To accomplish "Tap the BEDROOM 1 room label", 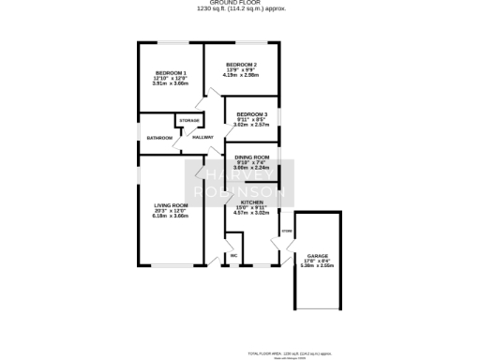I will click(x=171, y=73).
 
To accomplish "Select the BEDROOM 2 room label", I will click(x=241, y=64).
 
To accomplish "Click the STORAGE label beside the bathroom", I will click(x=189, y=120).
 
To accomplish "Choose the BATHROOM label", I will click(x=158, y=138).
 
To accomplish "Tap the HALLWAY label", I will click(x=202, y=138).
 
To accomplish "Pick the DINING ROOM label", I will click(x=252, y=157).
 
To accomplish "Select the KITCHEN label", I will click(x=252, y=202).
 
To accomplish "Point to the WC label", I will click(x=232, y=255).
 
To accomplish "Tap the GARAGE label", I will click(x=317, y=255).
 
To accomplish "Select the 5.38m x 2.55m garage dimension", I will click(x=317, y=266).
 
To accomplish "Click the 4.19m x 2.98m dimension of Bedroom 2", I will click(x=241, y=75).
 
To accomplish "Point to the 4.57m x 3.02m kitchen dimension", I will click(x=252, y=214).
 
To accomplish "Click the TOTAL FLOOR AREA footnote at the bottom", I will click(x=289, y=352).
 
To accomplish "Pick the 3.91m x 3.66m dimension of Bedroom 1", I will click(x=171, y=84).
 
